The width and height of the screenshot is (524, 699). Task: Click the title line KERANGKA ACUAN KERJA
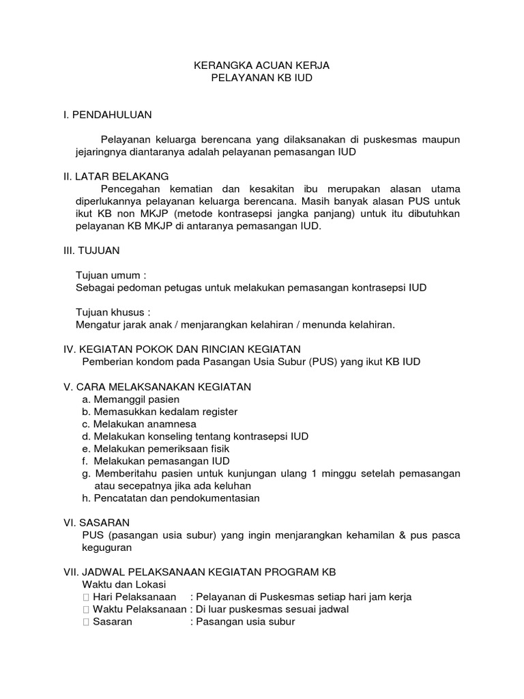click(263, 66)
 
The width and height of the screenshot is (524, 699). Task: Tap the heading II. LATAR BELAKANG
click(115, 177)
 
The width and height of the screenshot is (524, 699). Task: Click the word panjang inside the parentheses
click(330, 214)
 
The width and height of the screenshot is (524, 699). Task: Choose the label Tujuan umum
click(111, 275)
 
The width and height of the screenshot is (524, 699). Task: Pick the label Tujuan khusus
click(113, 312)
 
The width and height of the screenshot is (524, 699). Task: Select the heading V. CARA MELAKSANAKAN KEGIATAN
click(157, 387)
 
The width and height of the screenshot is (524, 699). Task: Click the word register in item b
click(216, 412)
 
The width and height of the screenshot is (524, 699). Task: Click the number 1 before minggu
click(313, 473)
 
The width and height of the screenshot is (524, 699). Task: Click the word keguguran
click(106, 547)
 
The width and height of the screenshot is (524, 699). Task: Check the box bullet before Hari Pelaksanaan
click(85, 597)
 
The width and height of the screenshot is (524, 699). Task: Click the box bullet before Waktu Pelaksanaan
click(85, 610)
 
